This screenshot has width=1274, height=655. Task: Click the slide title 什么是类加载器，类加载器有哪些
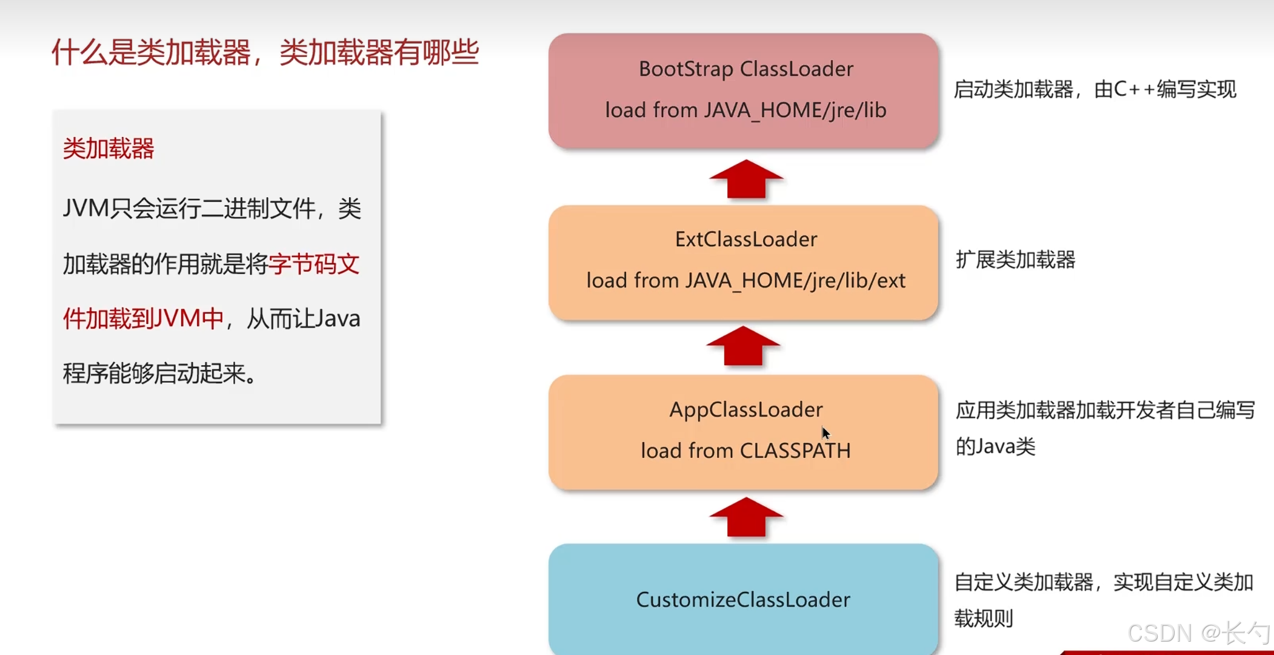[265, 52]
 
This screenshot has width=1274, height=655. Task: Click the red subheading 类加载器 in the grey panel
[108, 149]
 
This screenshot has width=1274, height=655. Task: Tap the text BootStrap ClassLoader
[745, 69]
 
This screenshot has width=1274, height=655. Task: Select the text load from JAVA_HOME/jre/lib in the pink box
[745, 110]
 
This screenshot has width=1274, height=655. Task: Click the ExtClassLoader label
[745, 240]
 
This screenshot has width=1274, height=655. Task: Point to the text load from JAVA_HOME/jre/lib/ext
[745, 281]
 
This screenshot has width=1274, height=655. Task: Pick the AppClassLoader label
[745, 410]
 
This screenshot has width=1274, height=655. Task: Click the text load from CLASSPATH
[745, 451]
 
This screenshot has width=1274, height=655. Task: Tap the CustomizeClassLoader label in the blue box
[743, 600]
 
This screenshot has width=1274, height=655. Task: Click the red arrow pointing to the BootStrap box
[746, 179]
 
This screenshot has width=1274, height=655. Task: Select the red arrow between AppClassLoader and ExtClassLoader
[743, 346]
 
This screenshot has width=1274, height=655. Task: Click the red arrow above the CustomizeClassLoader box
[746, 517]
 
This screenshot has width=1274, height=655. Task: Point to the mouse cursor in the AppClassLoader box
[825, 432]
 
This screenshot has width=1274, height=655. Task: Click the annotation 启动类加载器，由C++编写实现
[1095, 90]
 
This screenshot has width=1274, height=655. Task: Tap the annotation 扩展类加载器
[1015, 260]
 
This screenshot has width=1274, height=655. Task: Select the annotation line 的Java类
[995, 447]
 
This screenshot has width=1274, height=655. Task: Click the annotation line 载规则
[983, 619]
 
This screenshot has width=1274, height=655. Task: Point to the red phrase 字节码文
[314, 264]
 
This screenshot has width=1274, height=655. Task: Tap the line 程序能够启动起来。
[160, 374]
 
